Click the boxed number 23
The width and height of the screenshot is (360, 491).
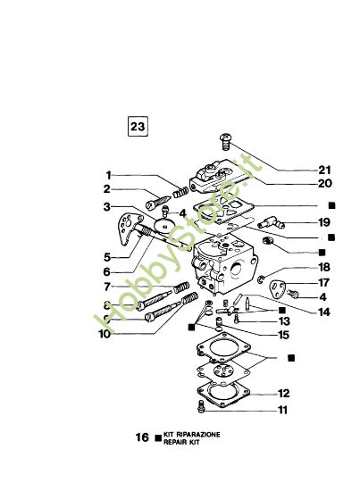(138, 127)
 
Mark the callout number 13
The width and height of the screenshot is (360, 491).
(283, 320)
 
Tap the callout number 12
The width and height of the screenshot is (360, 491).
(283, 393)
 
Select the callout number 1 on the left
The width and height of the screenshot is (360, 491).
(108, 175)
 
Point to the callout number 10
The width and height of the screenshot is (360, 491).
(105, 335)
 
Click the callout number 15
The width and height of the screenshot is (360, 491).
(283, 335)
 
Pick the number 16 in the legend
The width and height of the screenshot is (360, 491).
(142, 438)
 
